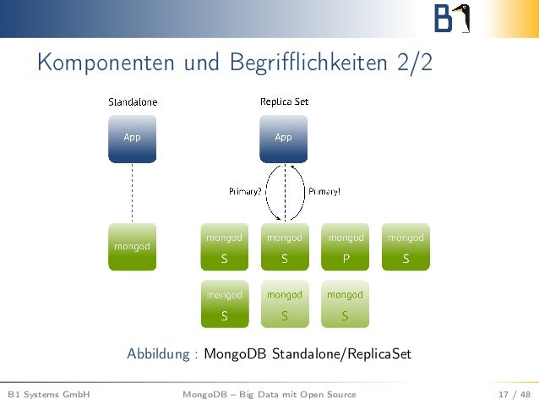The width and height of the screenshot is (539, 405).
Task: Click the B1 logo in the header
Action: point(451,19)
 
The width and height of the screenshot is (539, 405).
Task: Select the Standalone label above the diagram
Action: point(132,101)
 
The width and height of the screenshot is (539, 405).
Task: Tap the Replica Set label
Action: point(284,101)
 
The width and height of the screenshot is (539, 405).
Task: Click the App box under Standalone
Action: point(132,138)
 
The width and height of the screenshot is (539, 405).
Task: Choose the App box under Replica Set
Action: point(284,138)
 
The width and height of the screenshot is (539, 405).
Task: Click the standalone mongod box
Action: point(132,247)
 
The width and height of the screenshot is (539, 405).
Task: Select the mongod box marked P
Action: point(345,247)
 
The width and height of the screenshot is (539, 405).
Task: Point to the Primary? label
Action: point(246,191)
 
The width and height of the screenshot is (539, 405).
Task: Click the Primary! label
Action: point(324,191)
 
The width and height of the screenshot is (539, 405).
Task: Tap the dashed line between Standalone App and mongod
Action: point(132,193)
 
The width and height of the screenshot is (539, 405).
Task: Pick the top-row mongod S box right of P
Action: point(406,247)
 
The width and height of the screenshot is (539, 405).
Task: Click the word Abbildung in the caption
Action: point(160,353)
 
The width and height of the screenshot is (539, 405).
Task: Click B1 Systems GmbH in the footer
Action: point(48,394)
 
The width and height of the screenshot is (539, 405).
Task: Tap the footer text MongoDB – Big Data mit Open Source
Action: point(269,394)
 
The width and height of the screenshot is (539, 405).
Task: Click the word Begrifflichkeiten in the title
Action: point(306,63)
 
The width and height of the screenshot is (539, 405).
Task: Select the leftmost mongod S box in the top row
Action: point(224,247)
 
